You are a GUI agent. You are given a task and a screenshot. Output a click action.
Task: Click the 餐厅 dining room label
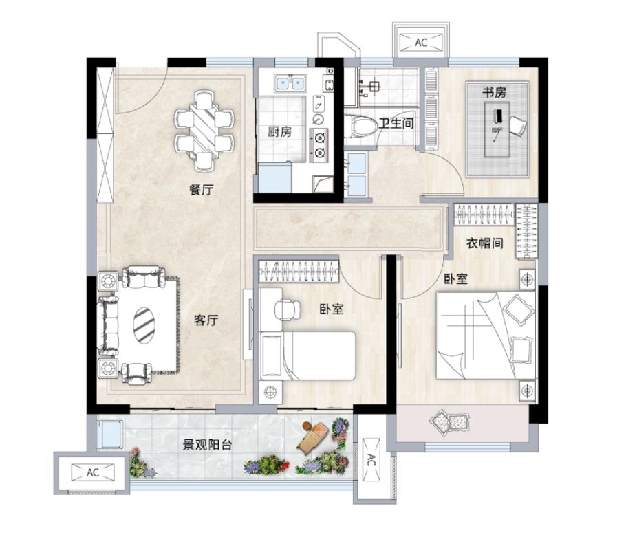(x=201, y=190)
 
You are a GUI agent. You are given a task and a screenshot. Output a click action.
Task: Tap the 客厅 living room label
(x=206, y=320)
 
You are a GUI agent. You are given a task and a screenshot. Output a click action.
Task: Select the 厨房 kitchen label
(x=279, y=131)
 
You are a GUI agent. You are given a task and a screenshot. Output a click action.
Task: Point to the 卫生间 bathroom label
(x=396, y=123)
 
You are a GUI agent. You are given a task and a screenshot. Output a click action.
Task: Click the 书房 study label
(x=494, y=93)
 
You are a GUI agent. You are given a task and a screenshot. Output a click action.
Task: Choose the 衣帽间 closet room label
(x=485, y=243)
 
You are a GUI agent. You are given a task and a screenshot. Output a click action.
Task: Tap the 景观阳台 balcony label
(x=207, y=445)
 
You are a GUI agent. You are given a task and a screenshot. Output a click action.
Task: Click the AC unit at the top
(x=421, y=43)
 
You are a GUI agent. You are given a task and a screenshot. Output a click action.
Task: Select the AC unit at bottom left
(x=93, y=473)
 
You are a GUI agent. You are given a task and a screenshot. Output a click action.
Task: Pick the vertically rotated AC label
(x=371, y=460)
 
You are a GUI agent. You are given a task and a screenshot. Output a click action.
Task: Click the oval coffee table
(x=144, y=325)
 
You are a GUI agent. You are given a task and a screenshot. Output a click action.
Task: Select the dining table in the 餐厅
(x=204, y=131)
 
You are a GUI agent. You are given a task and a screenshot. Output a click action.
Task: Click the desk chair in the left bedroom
(x=287, y=309)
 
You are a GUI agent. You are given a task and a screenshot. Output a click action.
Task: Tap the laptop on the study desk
(x=498, y=116)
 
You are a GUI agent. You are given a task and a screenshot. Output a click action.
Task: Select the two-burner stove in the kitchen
(x=319, y=145)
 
